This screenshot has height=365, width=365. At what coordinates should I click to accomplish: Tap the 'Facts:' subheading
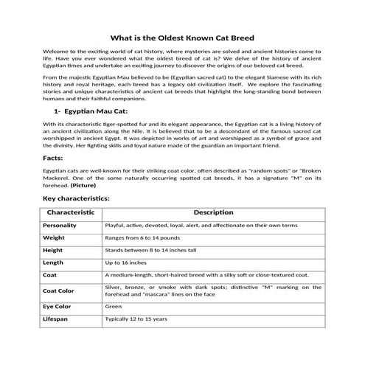pos(54,158)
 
